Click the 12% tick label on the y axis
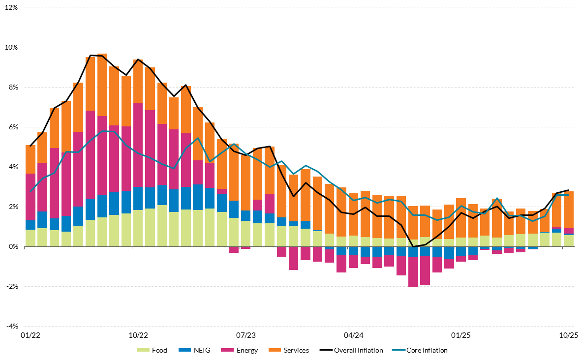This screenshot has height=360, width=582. (x=11, y=8)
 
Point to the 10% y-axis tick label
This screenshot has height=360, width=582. (x=11, y=48)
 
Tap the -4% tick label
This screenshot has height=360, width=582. (x=11, y=326)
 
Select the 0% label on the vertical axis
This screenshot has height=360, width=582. (x=13, y=246)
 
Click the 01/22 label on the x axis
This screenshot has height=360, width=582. (x=30, y=335)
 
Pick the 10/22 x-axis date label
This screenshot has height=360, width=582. (x=138, y=335)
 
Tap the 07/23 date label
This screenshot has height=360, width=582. (x=246, y=335)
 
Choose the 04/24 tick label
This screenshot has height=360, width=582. (x=354, y=335)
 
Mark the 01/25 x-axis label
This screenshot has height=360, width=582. (x=461, y=335)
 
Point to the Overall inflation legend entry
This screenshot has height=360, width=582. (x=351, y=351)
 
